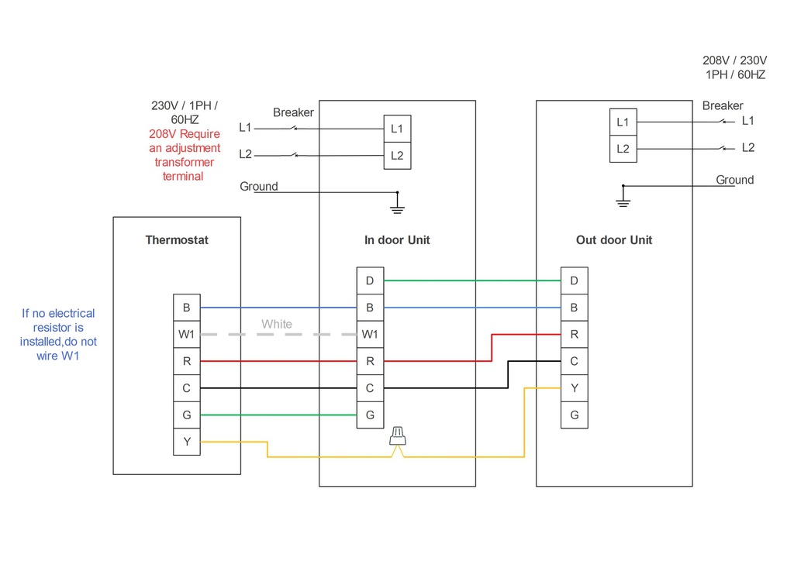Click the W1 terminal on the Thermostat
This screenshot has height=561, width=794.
(186, 335)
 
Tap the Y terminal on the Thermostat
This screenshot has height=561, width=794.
(186, 442)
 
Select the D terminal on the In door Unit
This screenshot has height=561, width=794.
(370, 280)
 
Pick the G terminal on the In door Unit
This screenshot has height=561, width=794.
(370, 415)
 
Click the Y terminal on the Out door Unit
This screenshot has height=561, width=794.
(574, 388)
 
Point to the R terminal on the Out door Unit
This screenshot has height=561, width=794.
(574, 335)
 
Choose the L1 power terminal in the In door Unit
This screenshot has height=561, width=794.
(397, 129)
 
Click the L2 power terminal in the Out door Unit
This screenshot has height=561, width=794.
(623, 148)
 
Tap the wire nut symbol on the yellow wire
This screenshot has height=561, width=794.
(398, 435)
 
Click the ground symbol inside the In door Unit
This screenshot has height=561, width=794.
(397, 203)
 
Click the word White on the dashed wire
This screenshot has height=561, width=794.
(277, 324)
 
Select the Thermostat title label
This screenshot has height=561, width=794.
(177, 240)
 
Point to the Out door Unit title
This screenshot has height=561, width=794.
(614, 240)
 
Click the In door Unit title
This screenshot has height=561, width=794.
(397, 240)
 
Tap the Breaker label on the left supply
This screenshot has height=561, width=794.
(293, 112)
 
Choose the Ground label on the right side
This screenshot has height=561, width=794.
(734, 180)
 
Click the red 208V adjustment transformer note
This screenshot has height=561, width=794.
(185, 155)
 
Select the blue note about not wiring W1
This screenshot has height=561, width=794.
(59, 335)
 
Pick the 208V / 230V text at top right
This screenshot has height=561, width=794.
(734, 60)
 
